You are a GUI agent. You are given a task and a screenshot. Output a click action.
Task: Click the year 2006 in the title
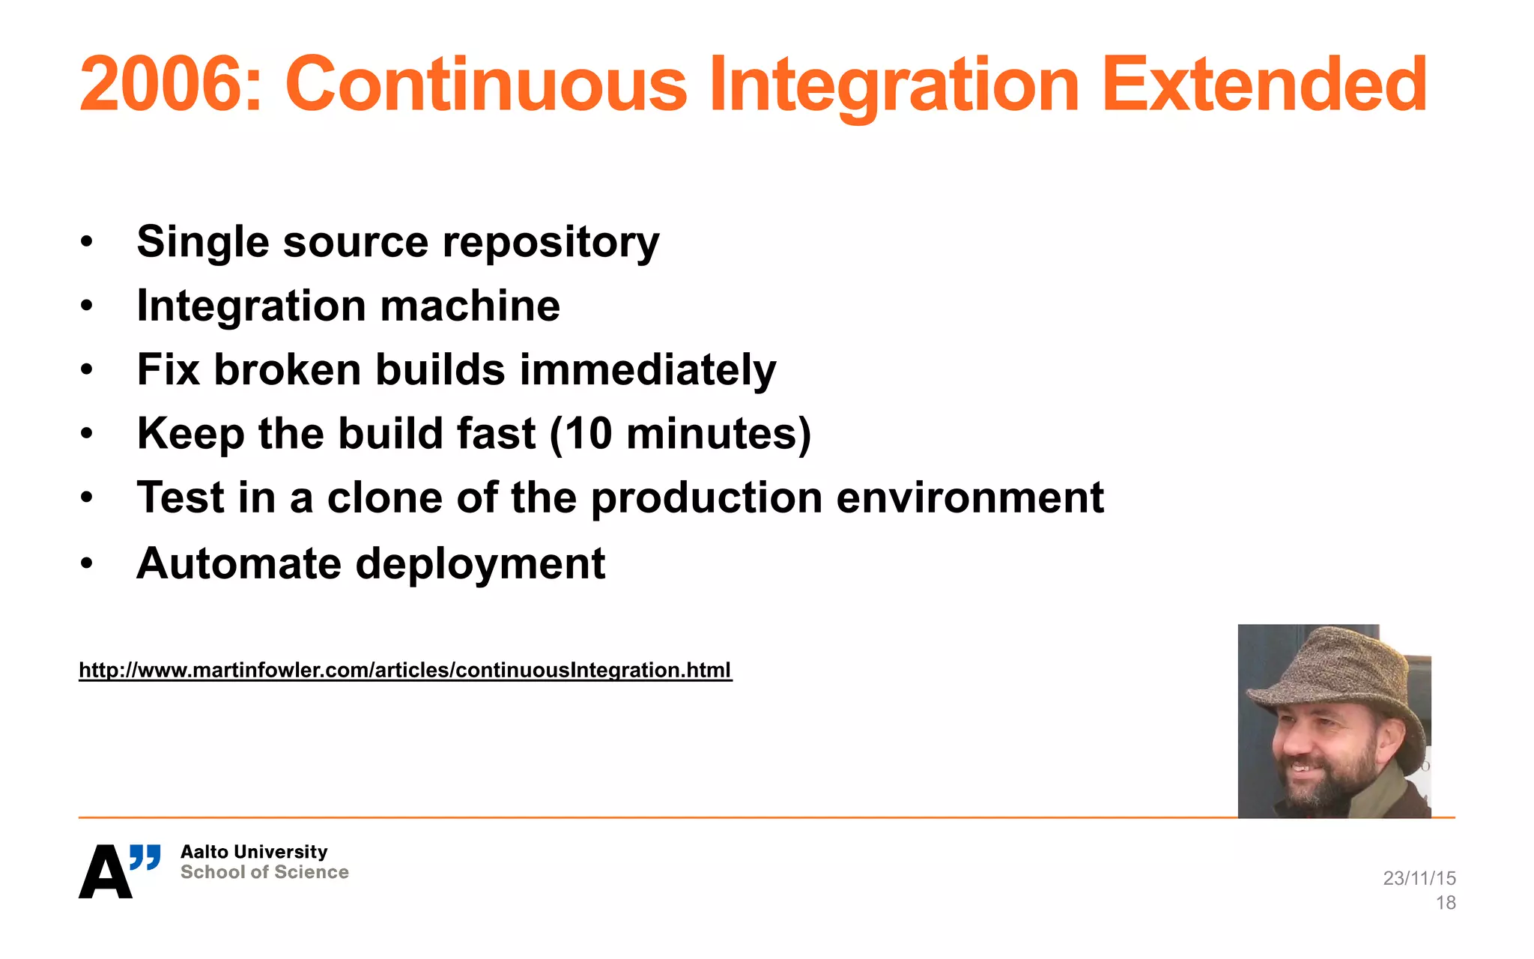[160, 84]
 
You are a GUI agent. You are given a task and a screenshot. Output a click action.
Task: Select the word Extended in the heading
[1264, 84]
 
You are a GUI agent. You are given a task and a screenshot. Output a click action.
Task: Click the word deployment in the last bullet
[479, 563]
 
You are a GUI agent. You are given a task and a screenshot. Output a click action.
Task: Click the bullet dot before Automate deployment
[87, 563]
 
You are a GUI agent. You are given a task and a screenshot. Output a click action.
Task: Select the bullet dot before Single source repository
[87, 243]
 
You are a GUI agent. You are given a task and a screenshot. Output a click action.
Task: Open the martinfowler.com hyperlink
[404, 670]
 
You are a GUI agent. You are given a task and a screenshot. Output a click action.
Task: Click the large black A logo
[105, 872]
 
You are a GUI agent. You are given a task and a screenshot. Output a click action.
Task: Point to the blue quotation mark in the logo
[145, 856]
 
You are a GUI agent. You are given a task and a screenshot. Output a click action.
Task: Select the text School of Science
[264, 872]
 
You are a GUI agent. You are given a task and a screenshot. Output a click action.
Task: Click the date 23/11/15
[1419, 878]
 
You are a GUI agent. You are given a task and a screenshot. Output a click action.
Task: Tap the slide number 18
[1445, 903]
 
